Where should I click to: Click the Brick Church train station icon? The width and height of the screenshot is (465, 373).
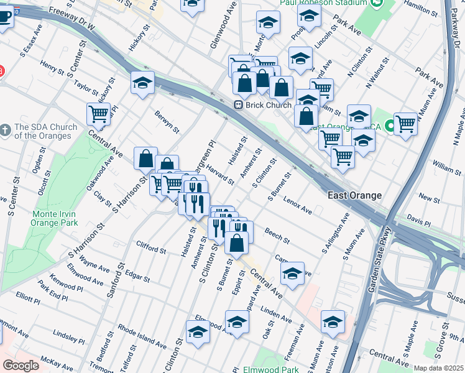238,105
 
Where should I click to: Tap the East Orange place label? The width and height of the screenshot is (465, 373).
354,195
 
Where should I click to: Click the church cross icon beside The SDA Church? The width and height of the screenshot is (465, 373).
6,129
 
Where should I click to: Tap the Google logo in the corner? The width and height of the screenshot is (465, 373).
21,366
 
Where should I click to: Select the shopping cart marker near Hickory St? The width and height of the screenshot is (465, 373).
98,113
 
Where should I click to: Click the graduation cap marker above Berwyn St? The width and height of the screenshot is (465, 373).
142,82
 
